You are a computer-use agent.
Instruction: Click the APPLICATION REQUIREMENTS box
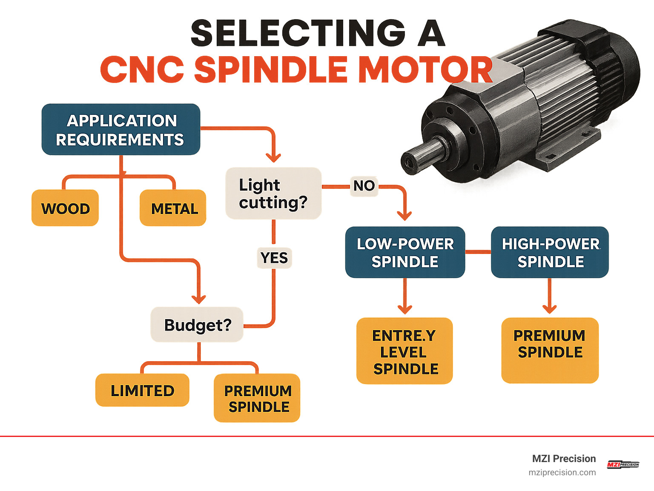point(121,129)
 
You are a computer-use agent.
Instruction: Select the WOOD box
point(65,208)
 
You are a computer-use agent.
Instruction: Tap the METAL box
point(173,208)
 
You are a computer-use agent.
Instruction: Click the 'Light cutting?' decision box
point(273,194)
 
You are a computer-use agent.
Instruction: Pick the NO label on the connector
point(364,186)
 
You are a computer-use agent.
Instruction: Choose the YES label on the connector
point(274,258)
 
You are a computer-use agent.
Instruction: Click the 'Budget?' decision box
point(197,325)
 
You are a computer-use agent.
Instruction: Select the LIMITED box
point(142,390)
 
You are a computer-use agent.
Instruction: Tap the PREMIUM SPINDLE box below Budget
point(257,398)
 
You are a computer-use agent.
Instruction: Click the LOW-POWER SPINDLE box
point(405,252)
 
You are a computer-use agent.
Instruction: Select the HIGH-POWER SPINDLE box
point(550,252)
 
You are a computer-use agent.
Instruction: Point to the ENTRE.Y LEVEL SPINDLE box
point(404,351)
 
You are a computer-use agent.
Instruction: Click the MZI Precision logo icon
point(622,465)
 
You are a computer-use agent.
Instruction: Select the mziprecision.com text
point(562,472)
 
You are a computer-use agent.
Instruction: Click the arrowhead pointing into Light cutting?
point(273,158)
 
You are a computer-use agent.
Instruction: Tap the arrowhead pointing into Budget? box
point(198,299)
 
